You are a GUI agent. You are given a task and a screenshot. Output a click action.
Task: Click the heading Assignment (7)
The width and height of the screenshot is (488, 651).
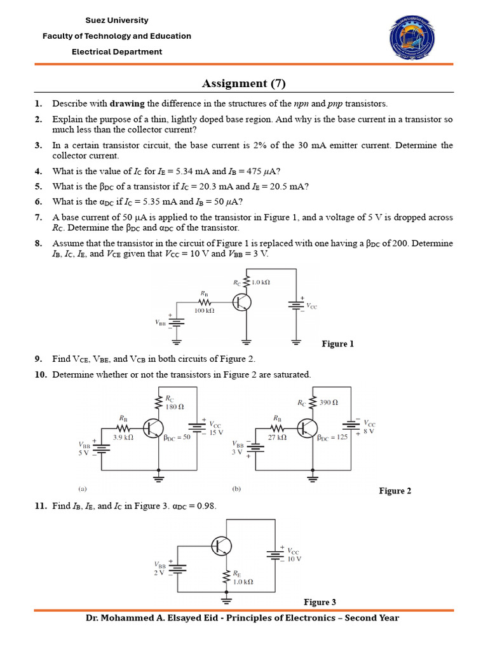[x=244, y=83]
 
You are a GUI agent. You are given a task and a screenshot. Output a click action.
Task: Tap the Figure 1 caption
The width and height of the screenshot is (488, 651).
[x=338, y=344]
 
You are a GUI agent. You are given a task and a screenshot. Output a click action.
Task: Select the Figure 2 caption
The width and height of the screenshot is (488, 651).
[x=395, y=491]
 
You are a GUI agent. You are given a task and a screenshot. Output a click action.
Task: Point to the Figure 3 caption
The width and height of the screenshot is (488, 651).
[x=320, y=602]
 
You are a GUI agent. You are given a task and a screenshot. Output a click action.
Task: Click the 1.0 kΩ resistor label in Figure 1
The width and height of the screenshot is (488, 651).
[x=260, y=282]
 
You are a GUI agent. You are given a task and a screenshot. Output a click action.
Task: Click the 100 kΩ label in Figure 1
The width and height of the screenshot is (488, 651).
[x=205, y=311]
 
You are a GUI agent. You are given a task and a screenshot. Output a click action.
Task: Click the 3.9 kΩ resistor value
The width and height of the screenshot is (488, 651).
[x=123, y=438]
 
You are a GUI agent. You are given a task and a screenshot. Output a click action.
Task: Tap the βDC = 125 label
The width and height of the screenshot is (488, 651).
[x=332, y=437]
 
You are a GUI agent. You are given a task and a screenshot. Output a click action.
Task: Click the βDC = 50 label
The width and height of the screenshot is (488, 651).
[x=178, y=438]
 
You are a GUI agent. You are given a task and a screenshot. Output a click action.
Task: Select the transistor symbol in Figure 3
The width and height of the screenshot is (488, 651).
[x=222, y=545]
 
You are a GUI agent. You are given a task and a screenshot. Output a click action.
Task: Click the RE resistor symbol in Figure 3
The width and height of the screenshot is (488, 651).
[x=226, y=577]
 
